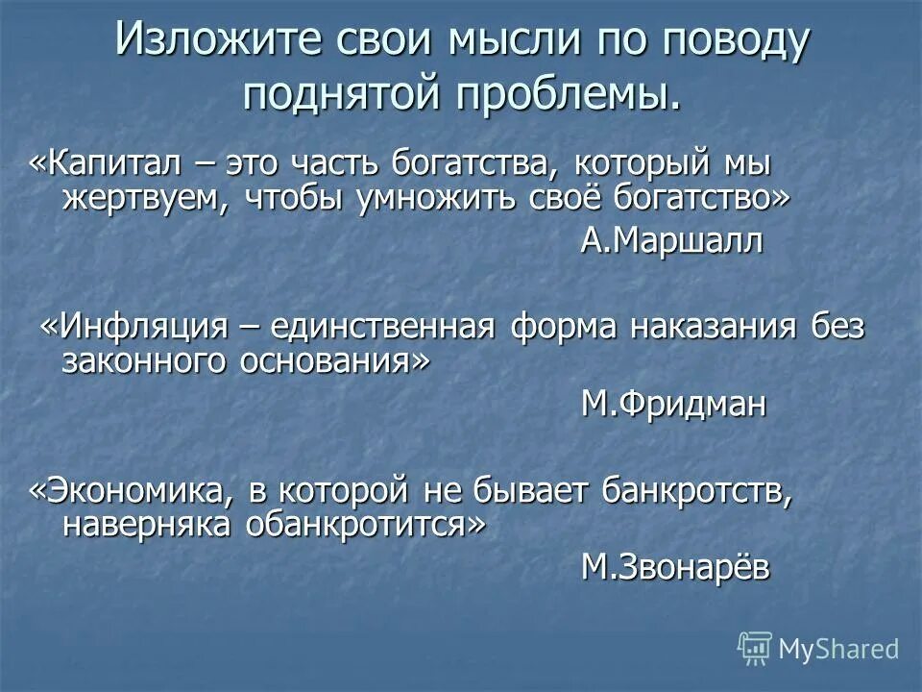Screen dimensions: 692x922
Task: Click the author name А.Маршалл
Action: coord(672,241)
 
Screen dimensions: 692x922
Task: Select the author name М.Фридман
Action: coord(674,405)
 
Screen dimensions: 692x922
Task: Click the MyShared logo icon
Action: coord(755,648)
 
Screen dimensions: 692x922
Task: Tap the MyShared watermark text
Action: coord(837,649)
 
